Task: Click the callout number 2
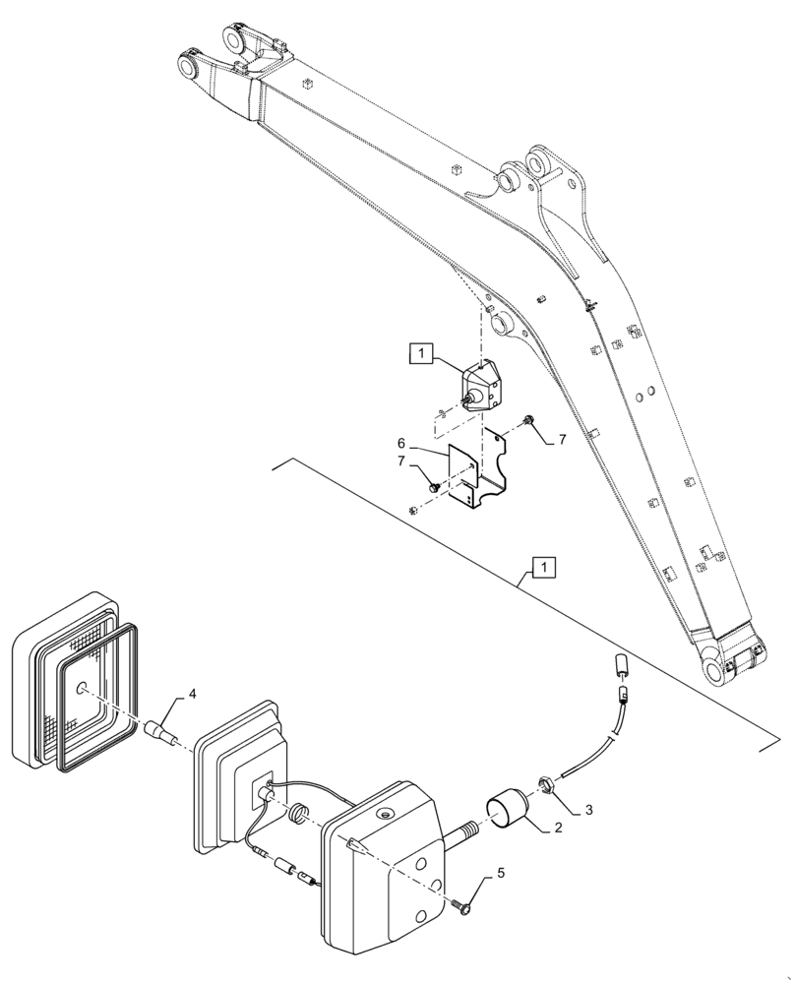tap(558, 829)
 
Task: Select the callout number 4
tap(192, 695)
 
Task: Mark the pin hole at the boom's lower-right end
tap(711, 672)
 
